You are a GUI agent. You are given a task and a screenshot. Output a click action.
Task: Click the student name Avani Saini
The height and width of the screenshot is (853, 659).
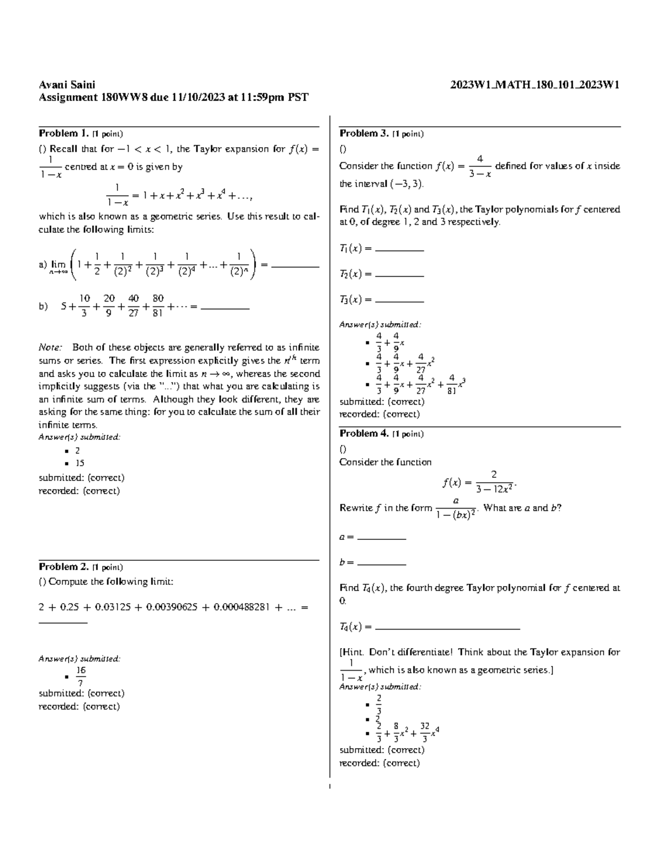pos(66,85)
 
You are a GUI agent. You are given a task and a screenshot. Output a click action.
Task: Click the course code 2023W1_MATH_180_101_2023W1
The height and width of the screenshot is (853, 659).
pos(535,85)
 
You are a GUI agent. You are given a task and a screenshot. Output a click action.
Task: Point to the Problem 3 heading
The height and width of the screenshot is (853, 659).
pos(365,133)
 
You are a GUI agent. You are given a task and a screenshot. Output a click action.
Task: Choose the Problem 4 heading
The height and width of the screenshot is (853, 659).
pos(365,433)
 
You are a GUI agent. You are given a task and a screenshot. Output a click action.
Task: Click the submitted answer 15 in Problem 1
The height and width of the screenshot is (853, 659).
pos(80,463)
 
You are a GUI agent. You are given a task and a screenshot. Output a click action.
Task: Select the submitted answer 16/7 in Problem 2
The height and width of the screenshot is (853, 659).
pos(81,676)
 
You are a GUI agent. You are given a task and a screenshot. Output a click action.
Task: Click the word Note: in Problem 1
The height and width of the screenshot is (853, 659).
pos(51,347)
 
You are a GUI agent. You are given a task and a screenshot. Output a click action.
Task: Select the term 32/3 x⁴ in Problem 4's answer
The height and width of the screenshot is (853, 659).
pos(429,732)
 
